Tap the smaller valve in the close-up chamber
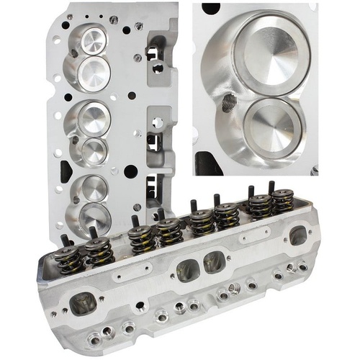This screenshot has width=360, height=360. point(272,127)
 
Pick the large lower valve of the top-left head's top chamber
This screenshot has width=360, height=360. point(94,73)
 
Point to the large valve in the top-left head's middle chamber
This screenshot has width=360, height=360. point(94,117)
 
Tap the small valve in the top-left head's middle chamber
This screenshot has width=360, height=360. point(94,150)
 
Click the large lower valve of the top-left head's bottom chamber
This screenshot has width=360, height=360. point(94,218)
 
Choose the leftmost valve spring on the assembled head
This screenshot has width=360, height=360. point(71,258)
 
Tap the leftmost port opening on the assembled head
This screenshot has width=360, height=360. point(83,302)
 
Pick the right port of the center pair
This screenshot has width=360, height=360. point(214,263)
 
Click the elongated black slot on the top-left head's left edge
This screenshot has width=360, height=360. point(66,171)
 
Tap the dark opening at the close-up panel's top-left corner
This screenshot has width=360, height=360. point(211,8)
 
